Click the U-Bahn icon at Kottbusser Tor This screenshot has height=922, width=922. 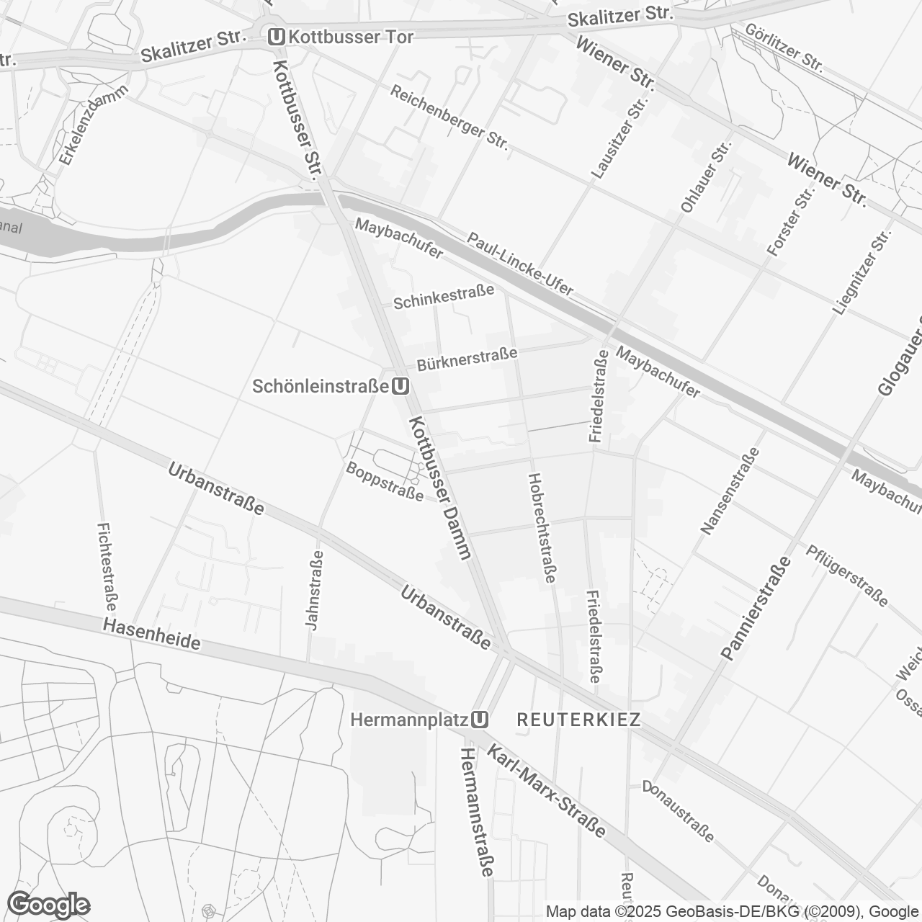(275, 36)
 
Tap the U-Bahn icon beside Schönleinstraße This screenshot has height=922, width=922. (401, 387)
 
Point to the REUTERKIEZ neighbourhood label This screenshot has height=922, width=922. (579, 720)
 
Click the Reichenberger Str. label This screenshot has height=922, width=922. (449, 118)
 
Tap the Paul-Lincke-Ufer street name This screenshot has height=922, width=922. (520, 264)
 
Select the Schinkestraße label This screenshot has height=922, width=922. (444, 296)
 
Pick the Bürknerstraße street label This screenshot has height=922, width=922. (467, 357)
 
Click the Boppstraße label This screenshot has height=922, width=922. (385, 481)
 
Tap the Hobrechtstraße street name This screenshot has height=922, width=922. (542, 527)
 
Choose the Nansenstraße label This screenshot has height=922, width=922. (730, 491)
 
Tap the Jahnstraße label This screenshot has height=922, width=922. (314, 591)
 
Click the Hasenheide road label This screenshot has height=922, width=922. (151, 634)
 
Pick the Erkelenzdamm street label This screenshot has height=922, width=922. (94, 125)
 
